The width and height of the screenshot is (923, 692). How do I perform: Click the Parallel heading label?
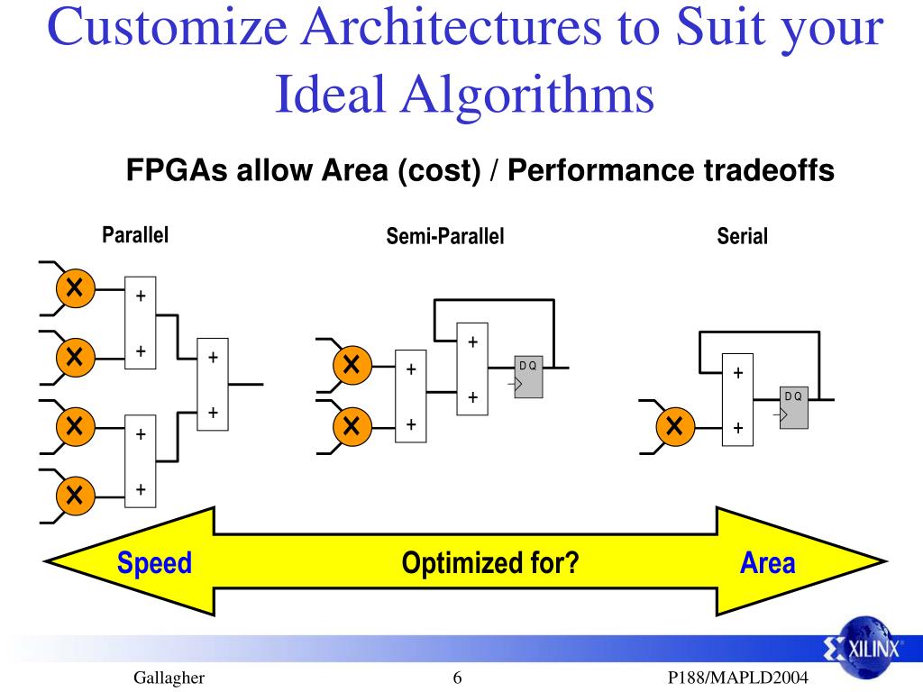(135, 235)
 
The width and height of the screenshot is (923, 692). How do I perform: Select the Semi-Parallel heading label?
(444, 237)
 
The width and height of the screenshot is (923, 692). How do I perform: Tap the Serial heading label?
(742, 237)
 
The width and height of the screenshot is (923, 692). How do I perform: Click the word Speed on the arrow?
(154, 564)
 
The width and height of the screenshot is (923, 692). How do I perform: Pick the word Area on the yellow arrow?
(767, 564)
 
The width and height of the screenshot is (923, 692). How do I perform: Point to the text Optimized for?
(489, 564)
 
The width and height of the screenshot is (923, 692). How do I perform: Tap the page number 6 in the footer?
(457, 678)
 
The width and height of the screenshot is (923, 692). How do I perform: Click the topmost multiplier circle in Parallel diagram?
(75, 288)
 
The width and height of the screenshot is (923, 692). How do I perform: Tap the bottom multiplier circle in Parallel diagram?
(75, 494)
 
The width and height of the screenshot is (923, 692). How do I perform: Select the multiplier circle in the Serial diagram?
(673, 426)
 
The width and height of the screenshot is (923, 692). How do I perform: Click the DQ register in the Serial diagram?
(794, 407)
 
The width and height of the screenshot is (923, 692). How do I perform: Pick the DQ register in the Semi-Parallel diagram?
(528, 376)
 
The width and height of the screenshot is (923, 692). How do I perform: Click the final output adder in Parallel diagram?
(214, 385)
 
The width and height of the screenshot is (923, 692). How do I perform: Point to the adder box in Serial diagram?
(738, 399)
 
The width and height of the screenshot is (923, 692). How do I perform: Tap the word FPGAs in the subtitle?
(177, 170)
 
